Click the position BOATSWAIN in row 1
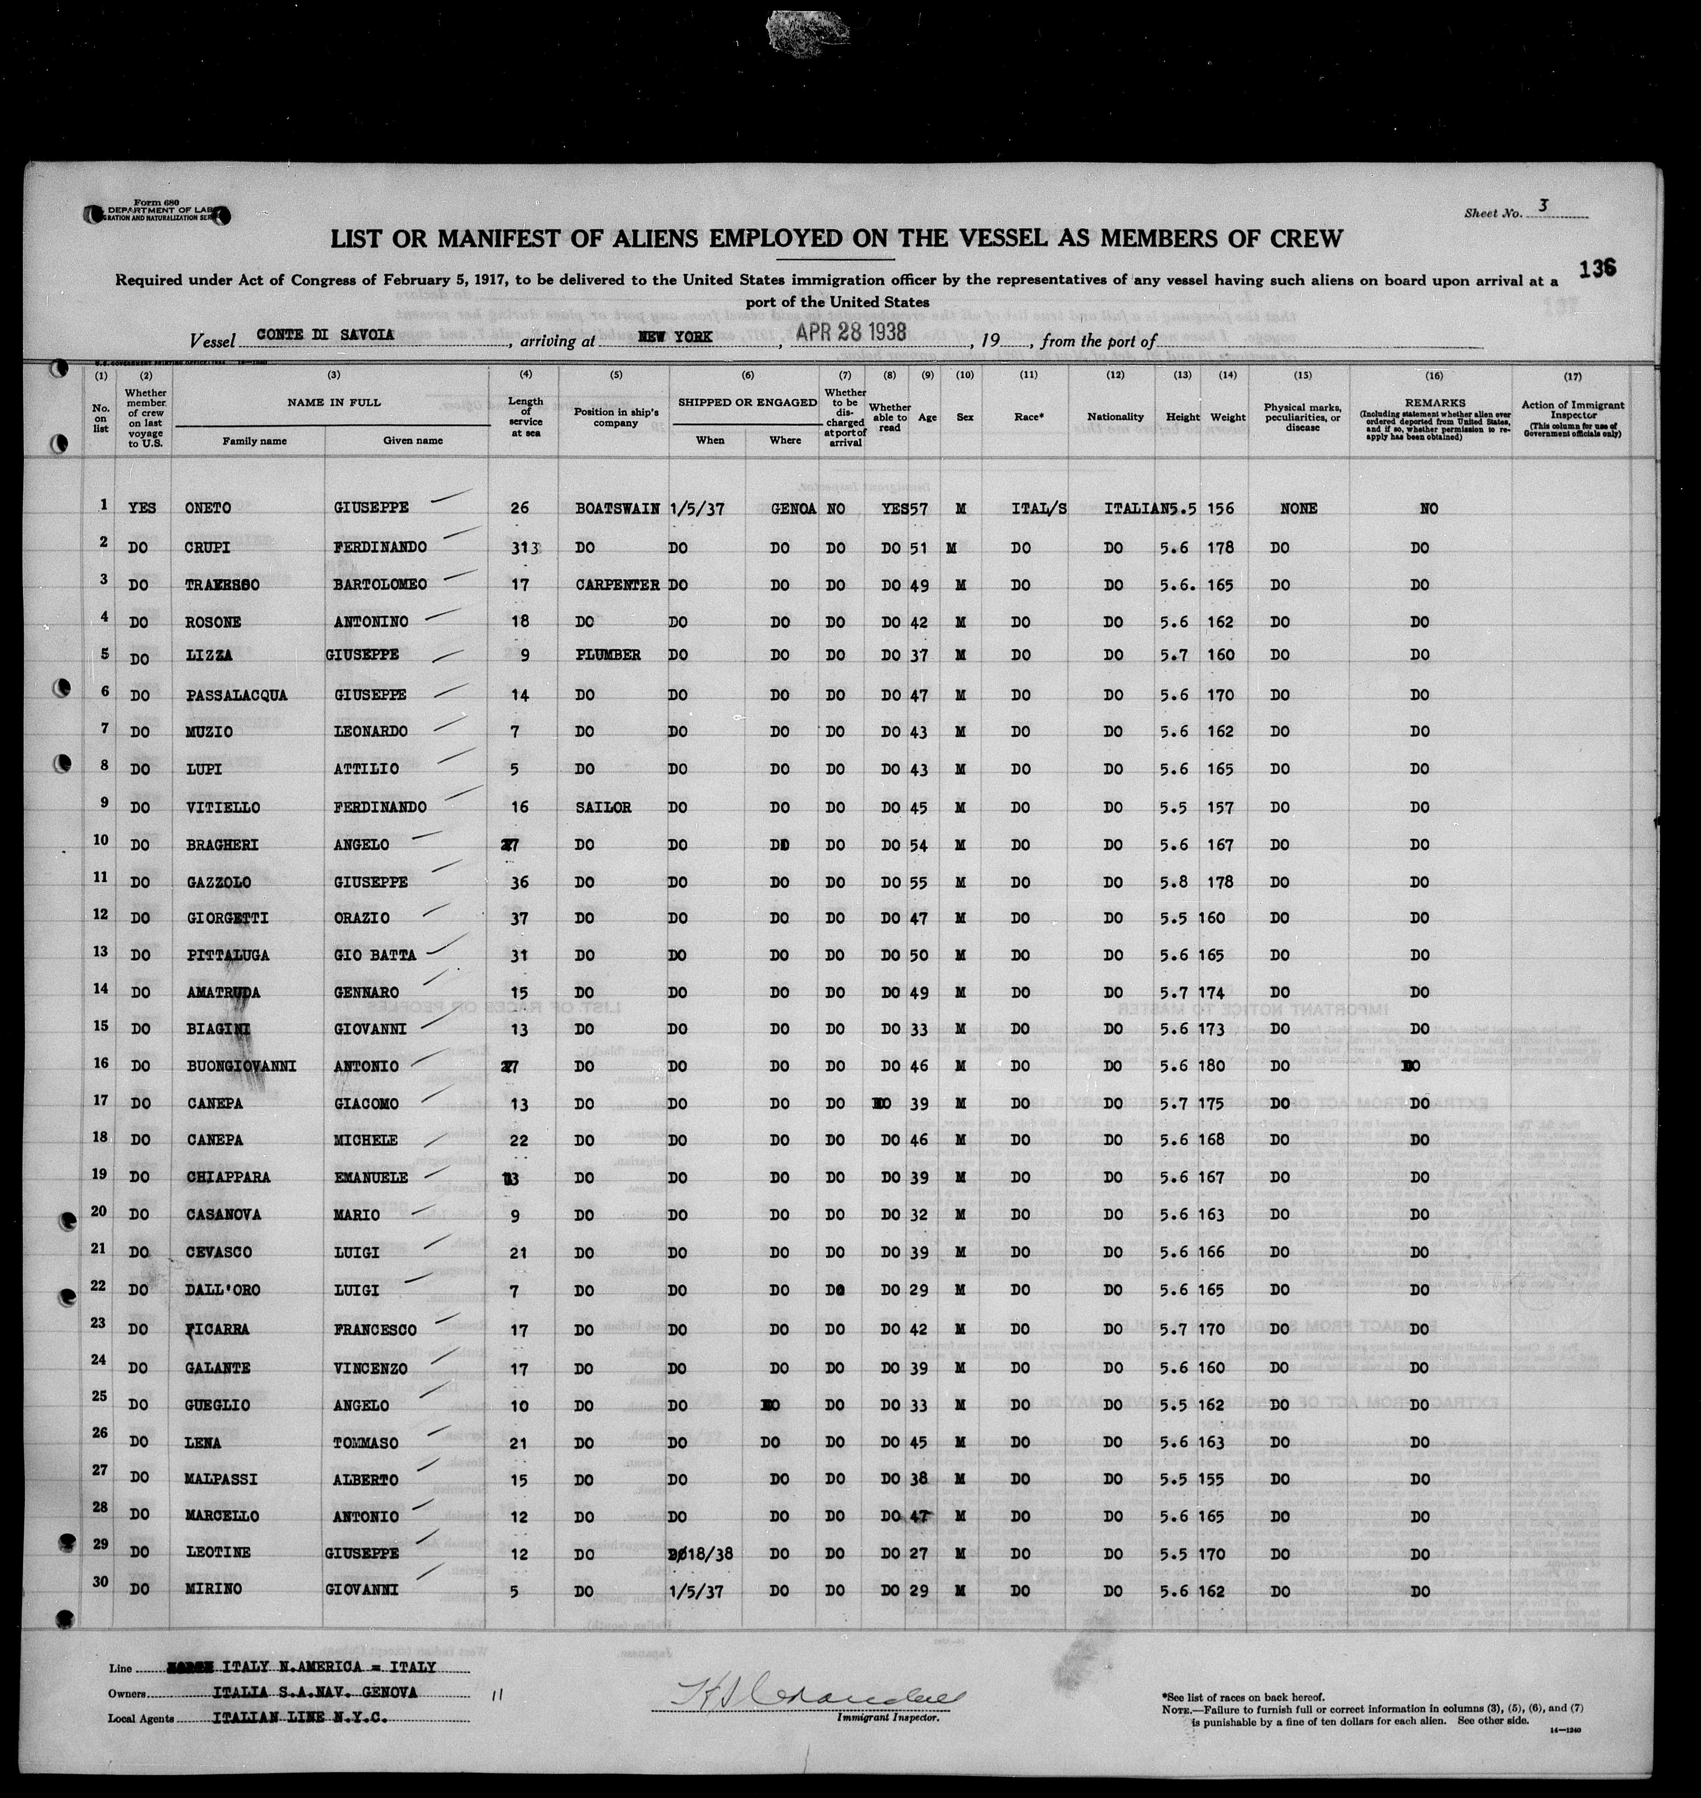616,508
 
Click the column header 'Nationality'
1115,417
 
